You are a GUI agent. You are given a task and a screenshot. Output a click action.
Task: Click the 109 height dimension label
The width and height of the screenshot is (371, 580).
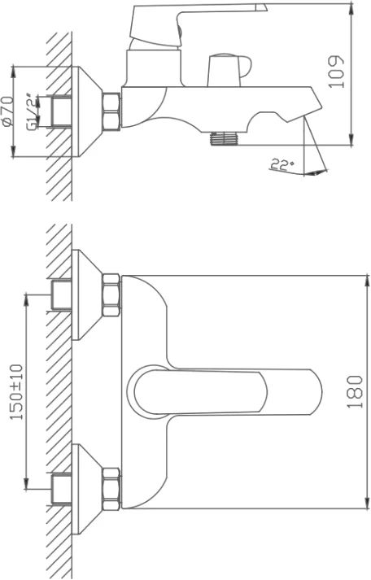[x=337, y=72]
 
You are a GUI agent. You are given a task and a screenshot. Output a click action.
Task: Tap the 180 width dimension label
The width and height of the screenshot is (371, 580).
[x=355, y=392]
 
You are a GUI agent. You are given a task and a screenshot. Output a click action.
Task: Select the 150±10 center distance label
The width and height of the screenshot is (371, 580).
[x=16, y=392]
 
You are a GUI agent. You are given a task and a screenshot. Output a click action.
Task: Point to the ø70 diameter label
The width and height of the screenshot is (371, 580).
[x=8, y=111]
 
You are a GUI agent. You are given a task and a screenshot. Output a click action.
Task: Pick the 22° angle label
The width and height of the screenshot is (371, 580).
[x=282, y=164]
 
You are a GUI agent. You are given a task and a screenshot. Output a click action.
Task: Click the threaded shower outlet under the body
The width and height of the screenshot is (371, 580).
[x=225, y=138]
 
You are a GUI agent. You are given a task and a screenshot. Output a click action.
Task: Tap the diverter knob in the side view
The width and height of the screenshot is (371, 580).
[x=229, y=71]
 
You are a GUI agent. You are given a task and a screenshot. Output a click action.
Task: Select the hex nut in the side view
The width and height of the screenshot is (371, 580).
[x=111, y=111]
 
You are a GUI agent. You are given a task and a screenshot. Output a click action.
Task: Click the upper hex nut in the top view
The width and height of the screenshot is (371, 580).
[x=111, y=295]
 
